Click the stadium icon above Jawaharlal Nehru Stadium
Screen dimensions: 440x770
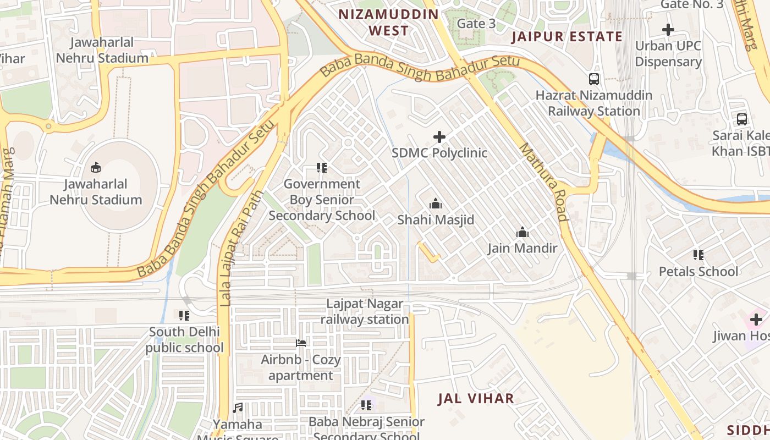point(96,167)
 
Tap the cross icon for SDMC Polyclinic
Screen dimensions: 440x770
point(439,136)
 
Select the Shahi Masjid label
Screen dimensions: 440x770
point(436,220)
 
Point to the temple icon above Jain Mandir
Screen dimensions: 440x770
point(522,232)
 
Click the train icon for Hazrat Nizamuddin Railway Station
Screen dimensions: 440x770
point(594,79)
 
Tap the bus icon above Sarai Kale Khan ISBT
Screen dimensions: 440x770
point(741,119)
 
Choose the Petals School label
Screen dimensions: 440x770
point(698,271)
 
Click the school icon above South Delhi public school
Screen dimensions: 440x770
point(184,315)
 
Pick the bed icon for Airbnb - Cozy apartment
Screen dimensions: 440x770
point(300,343)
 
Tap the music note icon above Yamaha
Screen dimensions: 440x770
point(238,408)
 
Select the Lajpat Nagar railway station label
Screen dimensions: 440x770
point(365,311)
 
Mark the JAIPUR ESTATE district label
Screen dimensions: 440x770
point(567,37)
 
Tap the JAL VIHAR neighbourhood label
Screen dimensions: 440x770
point(476,399)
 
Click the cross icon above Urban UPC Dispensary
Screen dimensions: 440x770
point(668,30)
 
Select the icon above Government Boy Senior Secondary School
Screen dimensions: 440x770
point(322,167)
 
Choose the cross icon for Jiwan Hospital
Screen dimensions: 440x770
point(756,319)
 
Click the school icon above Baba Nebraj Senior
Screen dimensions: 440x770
point(366,405)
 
